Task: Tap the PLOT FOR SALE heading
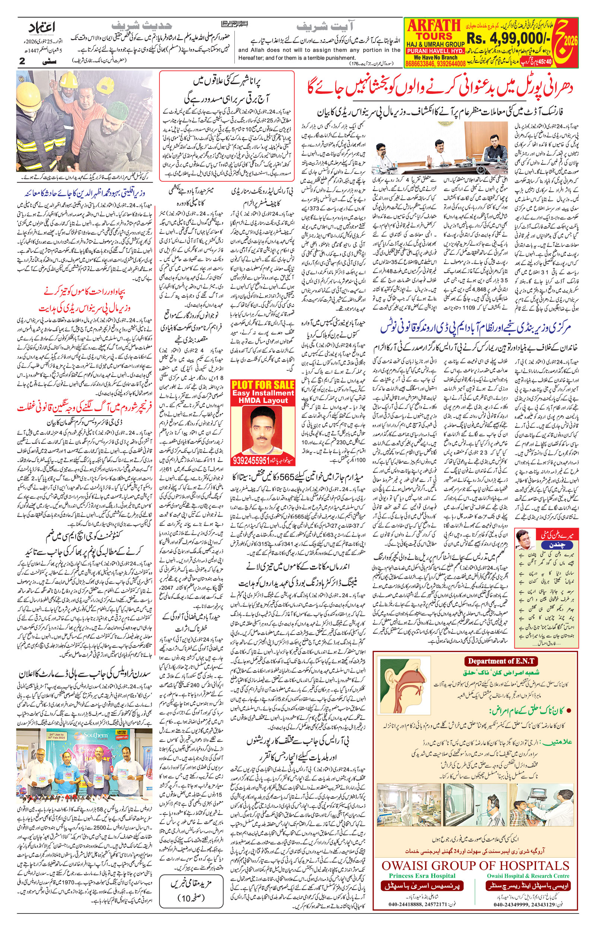pyautogui.click(x=263, y=385)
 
